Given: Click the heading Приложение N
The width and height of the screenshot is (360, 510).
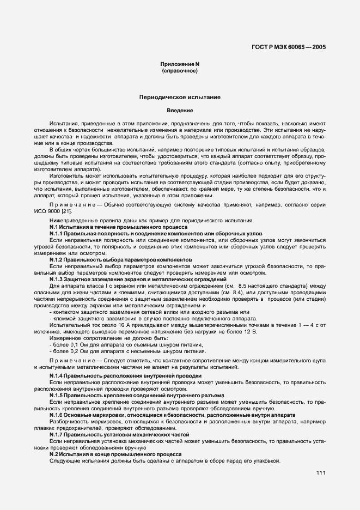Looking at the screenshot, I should coord(179,64).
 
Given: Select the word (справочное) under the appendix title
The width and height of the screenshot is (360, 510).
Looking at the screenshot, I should coord(179,71).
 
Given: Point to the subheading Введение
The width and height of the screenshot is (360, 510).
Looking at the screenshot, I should coord(179,111).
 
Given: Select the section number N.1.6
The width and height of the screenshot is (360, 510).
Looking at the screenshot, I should coord(58,415).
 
